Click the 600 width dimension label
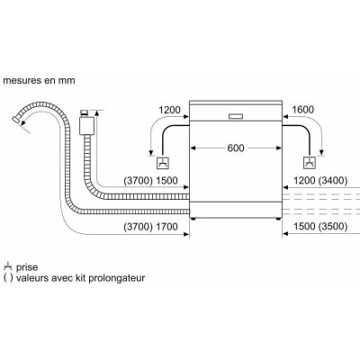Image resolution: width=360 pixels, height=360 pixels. coord(236,148)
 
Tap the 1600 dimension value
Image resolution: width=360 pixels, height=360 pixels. coord(302,110)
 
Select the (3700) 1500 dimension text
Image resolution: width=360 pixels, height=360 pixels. coord(150,181)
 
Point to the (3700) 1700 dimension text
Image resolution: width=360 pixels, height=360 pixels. coord(150,227)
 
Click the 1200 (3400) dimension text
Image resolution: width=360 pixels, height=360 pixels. coord(320,181)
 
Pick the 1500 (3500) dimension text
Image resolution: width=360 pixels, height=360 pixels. coord(320,227)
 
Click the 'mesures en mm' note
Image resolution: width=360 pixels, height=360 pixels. coord(39,80)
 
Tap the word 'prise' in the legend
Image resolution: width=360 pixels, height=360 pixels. coord(27,267)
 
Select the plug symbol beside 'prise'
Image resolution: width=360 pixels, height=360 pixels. coord(8,266)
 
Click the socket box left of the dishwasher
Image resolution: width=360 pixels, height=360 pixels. coord(163,163)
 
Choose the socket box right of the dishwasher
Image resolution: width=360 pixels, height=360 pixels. coord(309,163)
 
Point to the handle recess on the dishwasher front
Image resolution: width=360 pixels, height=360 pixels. coord(237,117)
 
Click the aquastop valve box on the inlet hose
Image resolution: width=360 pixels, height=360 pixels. coord(86,126)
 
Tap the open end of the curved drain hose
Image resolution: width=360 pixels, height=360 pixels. coord(15,120)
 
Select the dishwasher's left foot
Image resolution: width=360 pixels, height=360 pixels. coord(194,219)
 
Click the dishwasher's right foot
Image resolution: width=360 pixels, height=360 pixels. coord(278,219)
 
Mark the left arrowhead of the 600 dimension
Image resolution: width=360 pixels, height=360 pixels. coord(193,148)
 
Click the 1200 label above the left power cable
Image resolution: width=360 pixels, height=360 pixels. coord(169,110)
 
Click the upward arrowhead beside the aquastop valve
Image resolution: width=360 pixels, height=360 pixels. coord(96,113)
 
